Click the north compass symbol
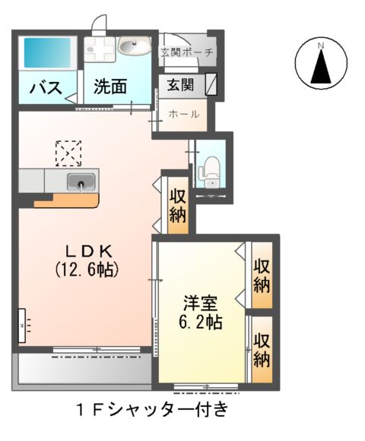point(321,64)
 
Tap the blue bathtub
point(46,53)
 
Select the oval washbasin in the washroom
point(134,48)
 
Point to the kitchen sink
point(80,182)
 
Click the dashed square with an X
point(68,153)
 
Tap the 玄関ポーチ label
point(188,53)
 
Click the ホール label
point(184,115)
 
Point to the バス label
point(45,88)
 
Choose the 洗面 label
point(110,87)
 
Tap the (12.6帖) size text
point(87,269)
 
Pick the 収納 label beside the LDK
point(178,205)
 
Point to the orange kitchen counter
point(67,200)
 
